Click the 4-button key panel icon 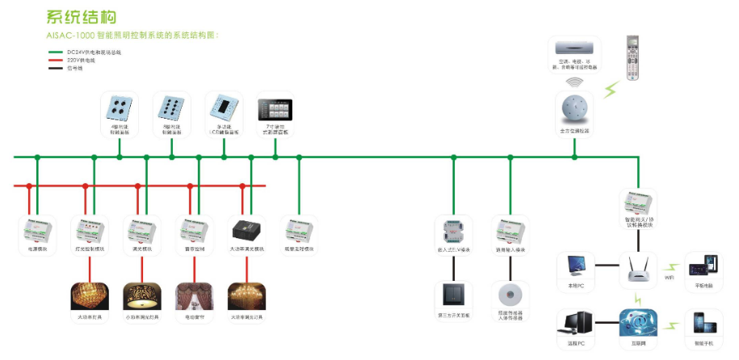119,109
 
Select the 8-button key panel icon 171,109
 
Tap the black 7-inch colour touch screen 274,110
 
